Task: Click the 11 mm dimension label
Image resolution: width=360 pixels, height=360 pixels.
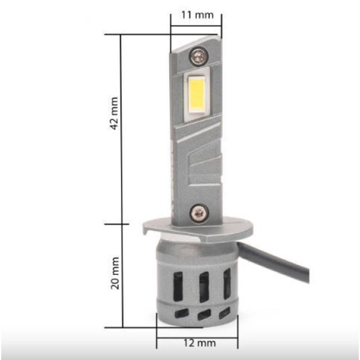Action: [x=197, y=15]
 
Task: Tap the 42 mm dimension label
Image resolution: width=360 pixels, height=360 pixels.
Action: [x=115, y=113]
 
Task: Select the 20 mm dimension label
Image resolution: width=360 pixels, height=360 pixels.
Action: [x=115, y=273]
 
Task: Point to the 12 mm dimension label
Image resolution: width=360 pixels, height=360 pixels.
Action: [x=200, y=343]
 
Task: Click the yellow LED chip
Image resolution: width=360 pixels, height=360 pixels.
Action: [x=197, y=95]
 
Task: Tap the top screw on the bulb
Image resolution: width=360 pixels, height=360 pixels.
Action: [x=199, y=56]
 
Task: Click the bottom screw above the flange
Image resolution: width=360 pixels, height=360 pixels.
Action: [x=199, y=214]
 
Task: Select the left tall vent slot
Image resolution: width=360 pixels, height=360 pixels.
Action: [x=178, y=286]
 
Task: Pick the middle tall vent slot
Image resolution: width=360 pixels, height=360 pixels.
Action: [x=204, y=287]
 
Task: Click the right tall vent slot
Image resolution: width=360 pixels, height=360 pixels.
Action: [x=227, y=284]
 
